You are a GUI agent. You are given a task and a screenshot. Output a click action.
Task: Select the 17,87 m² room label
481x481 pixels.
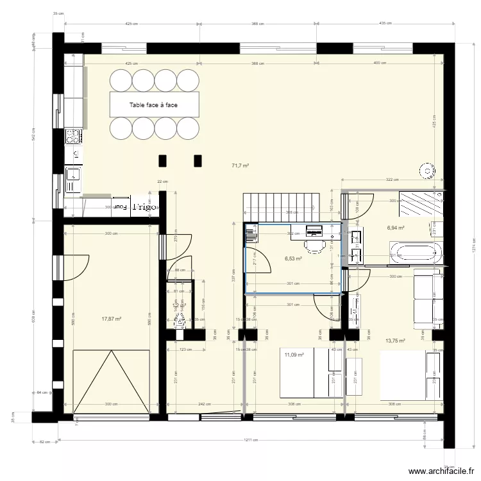(112, 318)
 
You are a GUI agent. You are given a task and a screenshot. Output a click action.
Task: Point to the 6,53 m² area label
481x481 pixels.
(293, 259)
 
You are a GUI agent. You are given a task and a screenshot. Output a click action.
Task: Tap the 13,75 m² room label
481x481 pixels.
(394, 341)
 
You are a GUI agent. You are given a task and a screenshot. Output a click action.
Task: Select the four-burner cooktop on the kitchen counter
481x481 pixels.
(72, 136)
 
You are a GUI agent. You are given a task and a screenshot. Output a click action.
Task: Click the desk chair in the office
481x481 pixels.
(314, 244)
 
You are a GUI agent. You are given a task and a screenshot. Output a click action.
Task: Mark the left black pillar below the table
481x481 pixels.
(163, 160)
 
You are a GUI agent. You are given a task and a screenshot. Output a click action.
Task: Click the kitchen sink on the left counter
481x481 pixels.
(72, 174)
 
